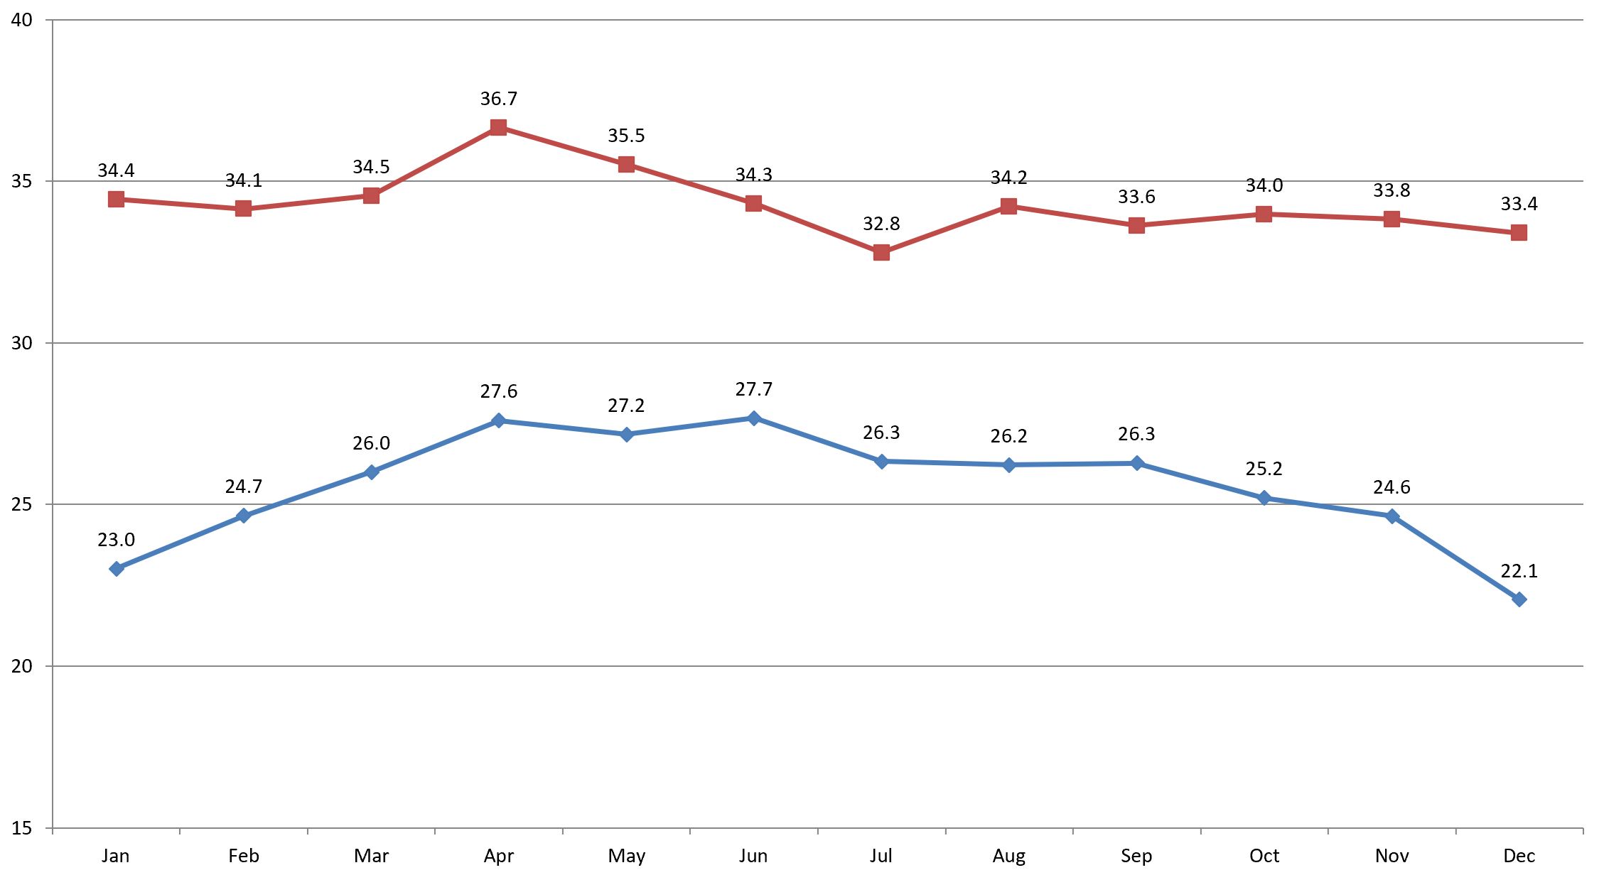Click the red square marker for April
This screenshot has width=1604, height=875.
coord(498,128)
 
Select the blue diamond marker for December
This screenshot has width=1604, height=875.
coord(1519,599)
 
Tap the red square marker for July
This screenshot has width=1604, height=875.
coord(881,252)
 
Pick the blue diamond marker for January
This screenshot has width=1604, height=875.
coord(117,569)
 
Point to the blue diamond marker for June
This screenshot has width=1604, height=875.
coord(754,418)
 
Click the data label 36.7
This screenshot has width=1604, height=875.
coord(498,99)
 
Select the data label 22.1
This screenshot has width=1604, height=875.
coord(1519,571)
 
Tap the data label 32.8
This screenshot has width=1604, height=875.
coord(881,224)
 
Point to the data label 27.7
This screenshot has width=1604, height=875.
coord(754,389)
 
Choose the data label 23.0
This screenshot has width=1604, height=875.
coord(116,540)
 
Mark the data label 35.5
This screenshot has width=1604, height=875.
coord(626,136)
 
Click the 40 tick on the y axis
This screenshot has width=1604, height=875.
coord(22,20)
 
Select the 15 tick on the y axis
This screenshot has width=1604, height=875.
coord(22,828)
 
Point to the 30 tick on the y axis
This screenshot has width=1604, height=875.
coord(22,343)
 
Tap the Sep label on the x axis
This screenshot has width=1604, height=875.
coord(1136,856)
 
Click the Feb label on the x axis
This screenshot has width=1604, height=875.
coord(244,856)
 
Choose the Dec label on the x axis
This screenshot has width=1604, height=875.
coord(1519,856)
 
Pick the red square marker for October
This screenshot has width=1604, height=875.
coord(1264,214)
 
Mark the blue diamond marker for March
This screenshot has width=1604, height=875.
coord(371,472)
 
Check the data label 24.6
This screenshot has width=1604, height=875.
coord(1392,487)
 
